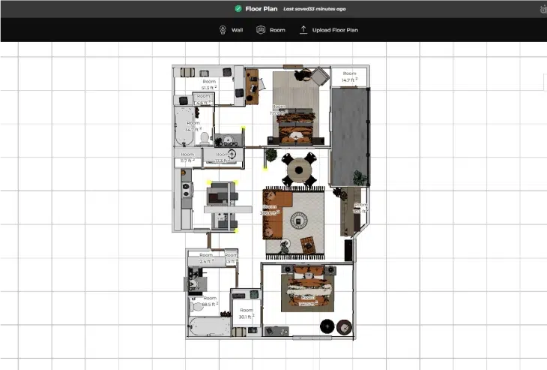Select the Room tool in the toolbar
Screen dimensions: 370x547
click(271, 30)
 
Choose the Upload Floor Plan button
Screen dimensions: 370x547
click(330, 30)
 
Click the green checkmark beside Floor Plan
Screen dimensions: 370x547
click(238, 9)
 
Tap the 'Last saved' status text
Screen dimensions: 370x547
click(314, 9)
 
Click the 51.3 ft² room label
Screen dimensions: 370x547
click(208, 84)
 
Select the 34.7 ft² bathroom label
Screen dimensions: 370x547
click(193, 126)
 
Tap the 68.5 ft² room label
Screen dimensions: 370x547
click(209, 301)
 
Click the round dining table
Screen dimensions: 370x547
click(299, 170)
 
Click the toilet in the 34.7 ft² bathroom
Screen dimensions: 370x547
click(193, 139)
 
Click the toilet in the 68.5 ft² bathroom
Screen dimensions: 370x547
click(196, 306)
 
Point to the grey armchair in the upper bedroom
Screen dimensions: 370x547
click(321, 76)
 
